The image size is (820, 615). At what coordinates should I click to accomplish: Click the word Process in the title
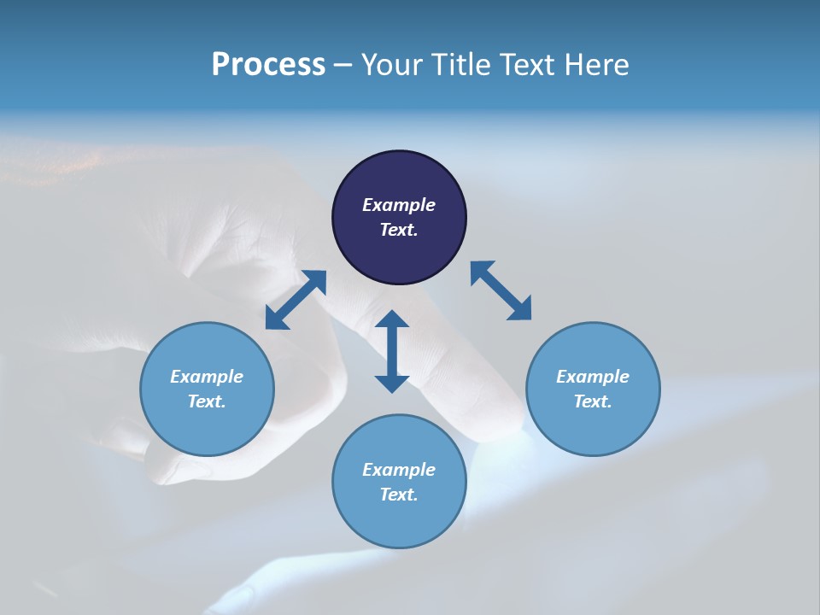coord(268,65)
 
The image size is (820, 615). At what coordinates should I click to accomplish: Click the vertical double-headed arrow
coord(392,351)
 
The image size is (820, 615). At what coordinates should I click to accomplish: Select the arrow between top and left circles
coord(296,300)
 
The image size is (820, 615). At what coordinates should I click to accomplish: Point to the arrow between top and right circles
coord(501,290)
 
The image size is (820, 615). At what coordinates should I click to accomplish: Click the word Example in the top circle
coord(399,205)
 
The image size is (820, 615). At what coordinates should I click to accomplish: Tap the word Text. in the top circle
coord(399,230)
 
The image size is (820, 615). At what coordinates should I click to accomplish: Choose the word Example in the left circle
coord(207,377)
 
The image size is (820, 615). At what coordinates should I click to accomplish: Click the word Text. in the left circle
coord(207,401)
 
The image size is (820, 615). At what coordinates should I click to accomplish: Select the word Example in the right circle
coord(593,377)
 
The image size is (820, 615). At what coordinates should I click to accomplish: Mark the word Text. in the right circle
coord(593,401)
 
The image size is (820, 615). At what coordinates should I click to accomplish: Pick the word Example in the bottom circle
coord(399,470)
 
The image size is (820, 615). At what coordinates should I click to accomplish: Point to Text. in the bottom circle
coord(399,495)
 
